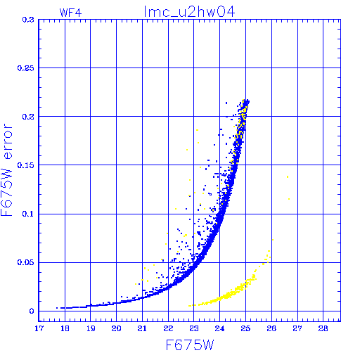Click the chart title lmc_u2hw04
click(189, 12)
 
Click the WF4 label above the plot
click(70, 13)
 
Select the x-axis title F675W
click(190, 345)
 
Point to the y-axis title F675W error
click(6, 170)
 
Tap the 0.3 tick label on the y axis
click(28, 20)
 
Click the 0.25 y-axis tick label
click(25, 68)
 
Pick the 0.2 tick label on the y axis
click(28, 117)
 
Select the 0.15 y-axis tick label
click(25, 165)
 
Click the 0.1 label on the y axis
click(28, 214)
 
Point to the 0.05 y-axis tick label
click(25, 262)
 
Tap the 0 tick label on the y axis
click(32, 311)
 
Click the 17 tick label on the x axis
click(39, 328)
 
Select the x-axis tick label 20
click(117, 328)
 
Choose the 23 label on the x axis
click(194, 328)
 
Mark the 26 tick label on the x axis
click(271, 328)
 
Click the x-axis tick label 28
click(323, 328)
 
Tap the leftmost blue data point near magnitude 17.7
click(57, 308)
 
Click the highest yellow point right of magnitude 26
click(288, 177)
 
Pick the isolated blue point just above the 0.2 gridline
click(226, 103)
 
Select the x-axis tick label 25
click(245, 328)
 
